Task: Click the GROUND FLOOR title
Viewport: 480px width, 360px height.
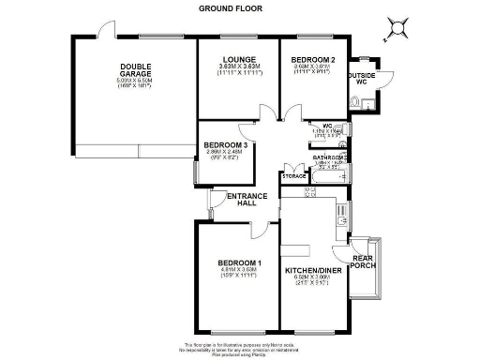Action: point(231,7)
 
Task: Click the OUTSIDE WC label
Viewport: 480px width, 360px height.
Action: point(362,78)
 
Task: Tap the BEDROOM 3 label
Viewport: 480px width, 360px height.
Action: point(226,144)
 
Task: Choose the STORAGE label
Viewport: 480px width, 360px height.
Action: point(293,175)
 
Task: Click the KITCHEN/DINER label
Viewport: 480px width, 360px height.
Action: point(312,272)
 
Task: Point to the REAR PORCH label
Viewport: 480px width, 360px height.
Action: point(362,261)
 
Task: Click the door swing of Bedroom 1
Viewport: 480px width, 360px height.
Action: point(259,231)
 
